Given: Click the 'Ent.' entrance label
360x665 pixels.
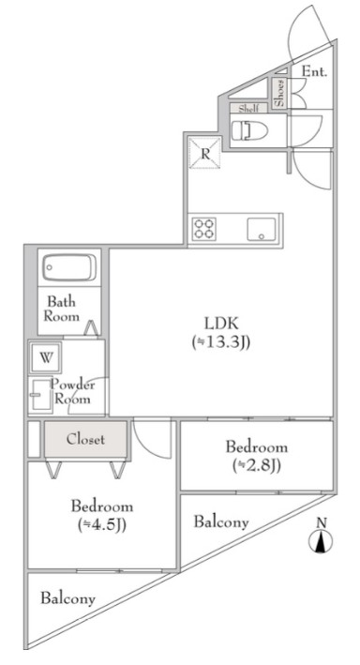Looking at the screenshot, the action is coord(314,71).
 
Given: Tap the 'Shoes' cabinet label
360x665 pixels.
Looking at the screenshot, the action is coord(280,93).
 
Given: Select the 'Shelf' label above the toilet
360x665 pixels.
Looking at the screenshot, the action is coord(248,109).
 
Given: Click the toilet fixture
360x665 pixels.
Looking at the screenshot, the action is coord(249,129).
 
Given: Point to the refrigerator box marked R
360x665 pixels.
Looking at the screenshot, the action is coord(204,153).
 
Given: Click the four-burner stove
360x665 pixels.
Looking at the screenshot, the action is coord(204,229).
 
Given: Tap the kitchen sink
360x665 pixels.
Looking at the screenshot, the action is coord(262,230).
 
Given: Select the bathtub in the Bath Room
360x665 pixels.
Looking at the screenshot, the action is coord(69,267).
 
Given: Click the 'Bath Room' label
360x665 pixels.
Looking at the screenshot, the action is coord(62,310).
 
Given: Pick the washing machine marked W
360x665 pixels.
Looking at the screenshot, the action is coord(46,357).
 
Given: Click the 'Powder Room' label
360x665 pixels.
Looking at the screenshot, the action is coord(72,392).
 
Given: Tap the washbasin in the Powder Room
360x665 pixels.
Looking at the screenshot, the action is coord(42,396).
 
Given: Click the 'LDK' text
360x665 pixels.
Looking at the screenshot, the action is coord(222,324).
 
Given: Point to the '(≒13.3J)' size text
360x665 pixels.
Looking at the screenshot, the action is coord(221,341).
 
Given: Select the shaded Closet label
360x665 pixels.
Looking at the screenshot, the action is coord(85,439).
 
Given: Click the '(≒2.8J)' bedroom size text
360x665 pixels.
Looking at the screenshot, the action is coord(257,465).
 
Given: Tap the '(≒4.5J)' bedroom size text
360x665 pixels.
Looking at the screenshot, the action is coord(102,525).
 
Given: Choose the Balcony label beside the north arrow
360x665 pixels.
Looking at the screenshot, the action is coord(221,521).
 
